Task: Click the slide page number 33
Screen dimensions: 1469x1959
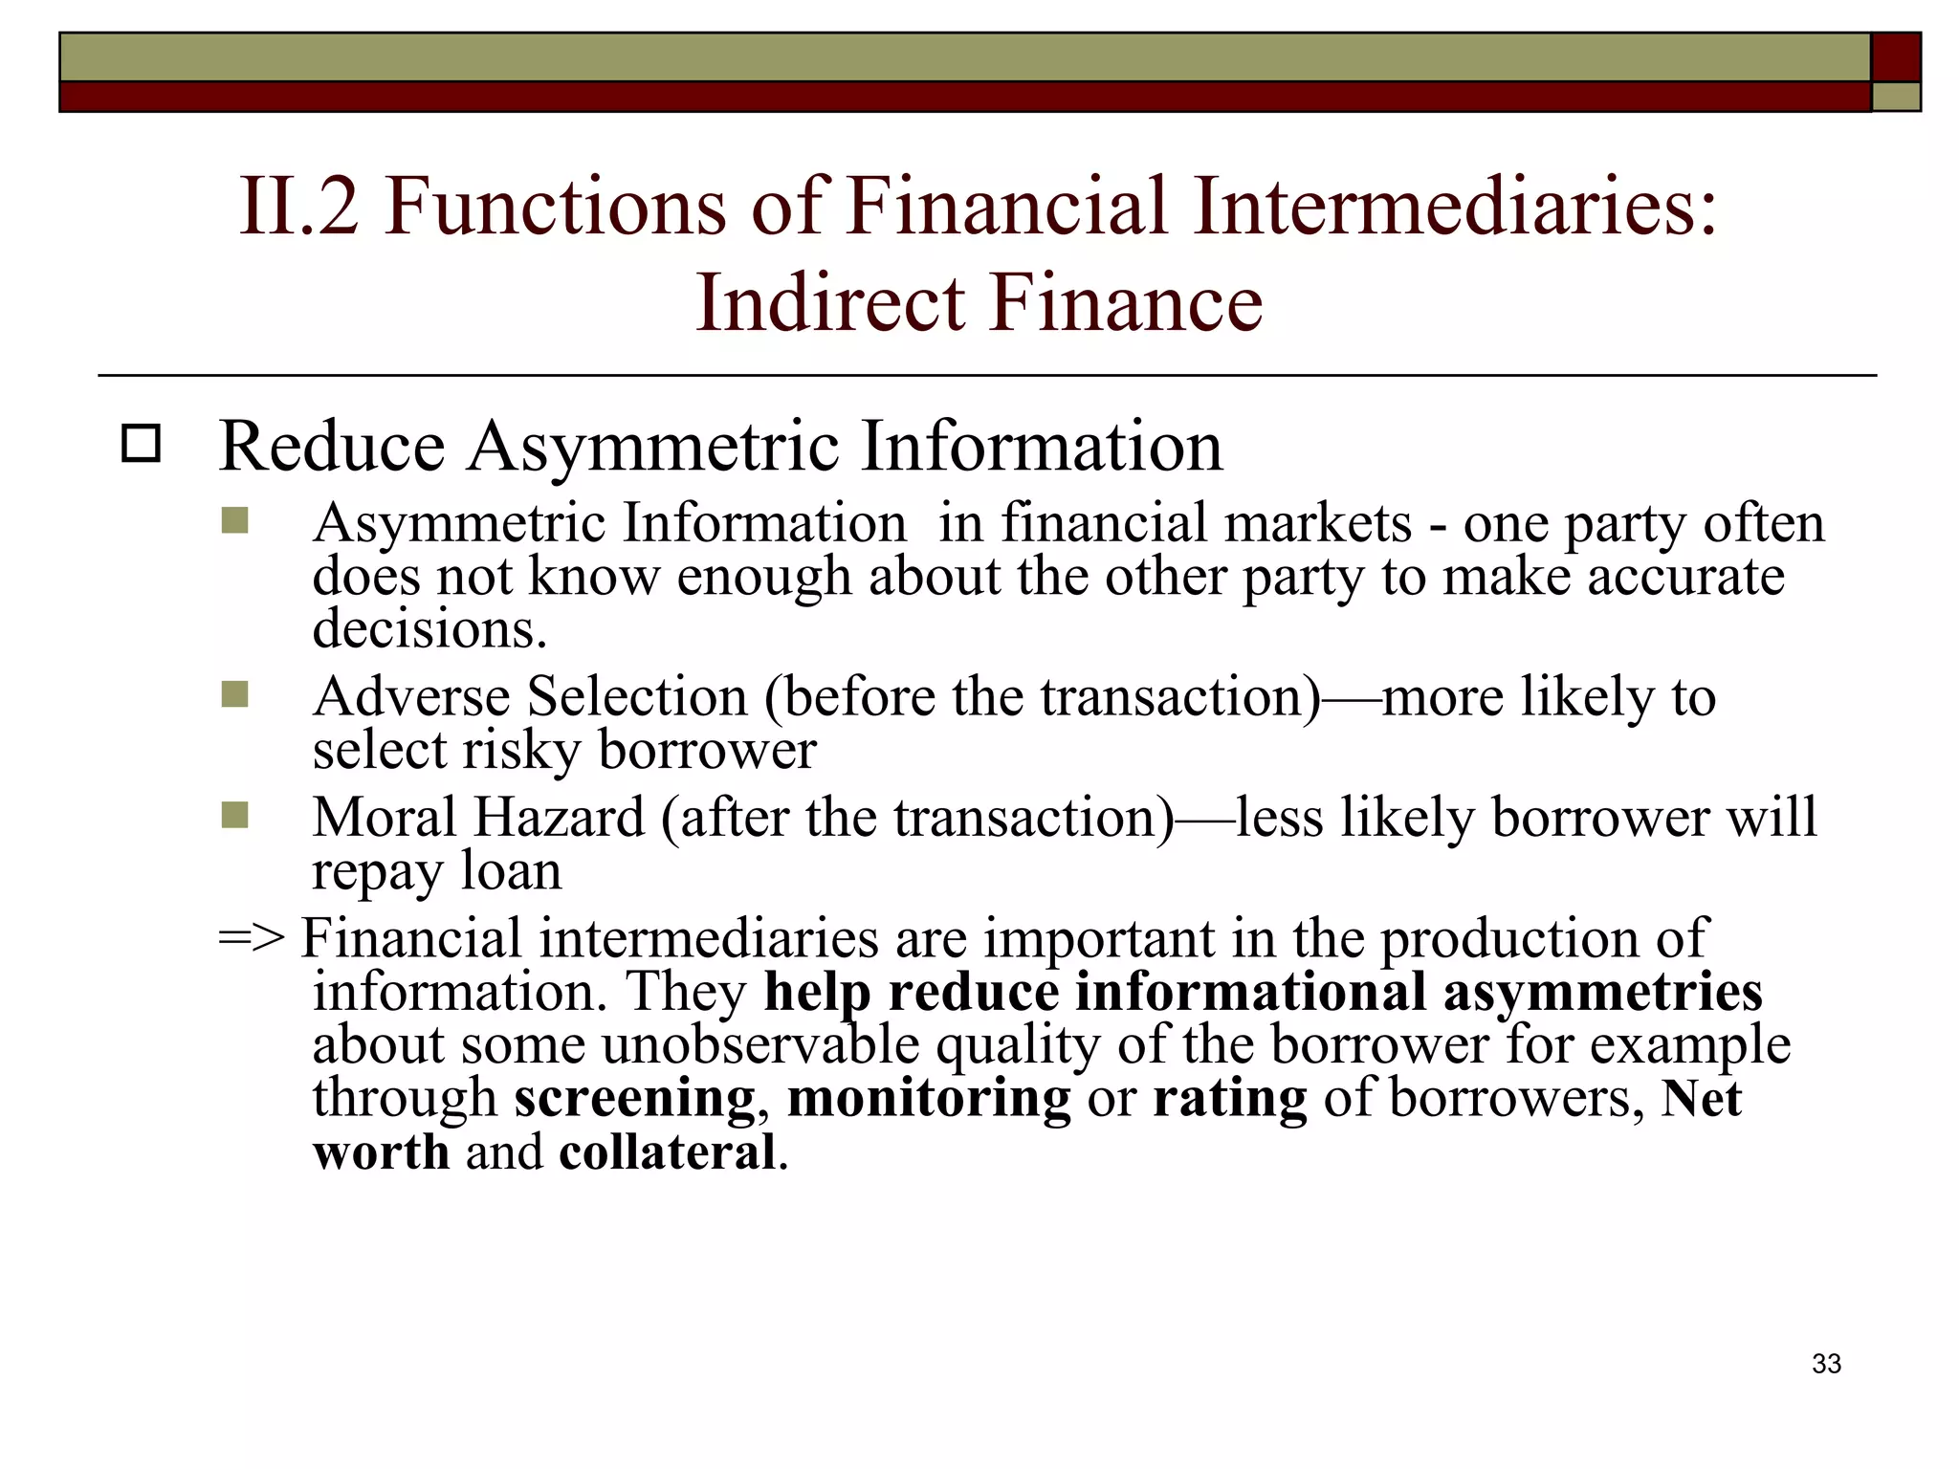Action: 1826,1364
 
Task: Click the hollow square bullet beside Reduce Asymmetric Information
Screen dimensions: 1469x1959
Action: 142,445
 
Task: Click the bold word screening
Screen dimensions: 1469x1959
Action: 634,1098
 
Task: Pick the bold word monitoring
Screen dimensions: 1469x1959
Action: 929,1098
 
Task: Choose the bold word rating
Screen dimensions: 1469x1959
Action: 1229,1098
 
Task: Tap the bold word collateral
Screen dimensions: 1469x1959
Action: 668,1151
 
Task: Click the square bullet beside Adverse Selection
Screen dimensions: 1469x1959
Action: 234,694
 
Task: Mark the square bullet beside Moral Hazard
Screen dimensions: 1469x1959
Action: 234,816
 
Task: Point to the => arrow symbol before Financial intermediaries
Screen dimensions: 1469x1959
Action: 252,938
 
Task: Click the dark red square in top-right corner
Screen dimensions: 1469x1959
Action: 1895,56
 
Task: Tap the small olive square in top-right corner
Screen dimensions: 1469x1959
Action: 1895,97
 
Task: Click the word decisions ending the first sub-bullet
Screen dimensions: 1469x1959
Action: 429,629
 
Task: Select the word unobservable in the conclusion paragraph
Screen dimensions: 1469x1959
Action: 760,1044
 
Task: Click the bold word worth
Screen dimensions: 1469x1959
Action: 381,1151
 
